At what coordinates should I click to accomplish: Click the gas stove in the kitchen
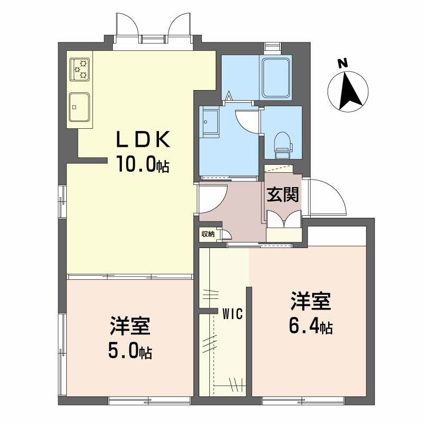click(79, 69)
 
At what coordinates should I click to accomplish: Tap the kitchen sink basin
click(79, 107)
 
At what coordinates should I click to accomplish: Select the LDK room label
click(143, 139)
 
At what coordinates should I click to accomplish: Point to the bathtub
click(276, 77)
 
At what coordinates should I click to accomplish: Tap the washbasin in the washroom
click(209, 122)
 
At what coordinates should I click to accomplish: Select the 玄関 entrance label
click(282, 195)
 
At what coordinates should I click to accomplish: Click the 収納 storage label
click(208, 234)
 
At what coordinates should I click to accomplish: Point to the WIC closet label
click(233, 314)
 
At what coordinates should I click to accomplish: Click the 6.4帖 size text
click(311, 326)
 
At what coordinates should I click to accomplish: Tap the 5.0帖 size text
click(130, 350)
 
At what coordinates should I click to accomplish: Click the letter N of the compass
click(342, 64)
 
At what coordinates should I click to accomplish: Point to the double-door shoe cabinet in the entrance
click(284, 219)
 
